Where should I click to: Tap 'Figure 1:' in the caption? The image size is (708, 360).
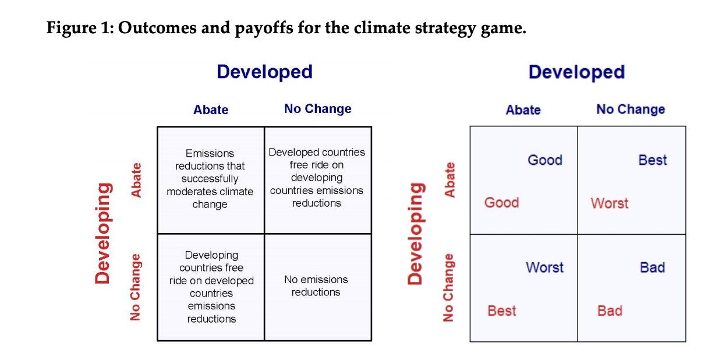(80, 29)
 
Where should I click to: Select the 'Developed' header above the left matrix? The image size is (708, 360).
(264, 72)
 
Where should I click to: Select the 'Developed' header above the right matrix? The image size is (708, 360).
(577, 72)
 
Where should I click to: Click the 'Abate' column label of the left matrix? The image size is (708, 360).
(211, 110)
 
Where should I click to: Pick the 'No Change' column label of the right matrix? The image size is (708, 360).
(631, 109)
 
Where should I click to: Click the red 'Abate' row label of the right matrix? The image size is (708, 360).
(449, 180)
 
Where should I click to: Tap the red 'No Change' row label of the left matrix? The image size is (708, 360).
(135, 287)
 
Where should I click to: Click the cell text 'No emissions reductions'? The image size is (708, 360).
(316, 285)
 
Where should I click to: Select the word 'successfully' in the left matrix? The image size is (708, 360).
(210, 179)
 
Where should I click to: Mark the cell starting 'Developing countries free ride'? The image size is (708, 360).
(211, 287)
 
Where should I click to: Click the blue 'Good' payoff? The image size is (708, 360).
(545, 160)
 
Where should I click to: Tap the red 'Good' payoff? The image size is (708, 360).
(502, 203)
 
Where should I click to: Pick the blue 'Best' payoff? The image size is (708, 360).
(653, 160)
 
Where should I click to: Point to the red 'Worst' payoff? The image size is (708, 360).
(610, 203)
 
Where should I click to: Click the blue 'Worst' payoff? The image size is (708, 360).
(544, 267)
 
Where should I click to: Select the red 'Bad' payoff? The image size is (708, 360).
(610, 311)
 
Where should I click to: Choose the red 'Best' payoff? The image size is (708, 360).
(502, 311)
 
